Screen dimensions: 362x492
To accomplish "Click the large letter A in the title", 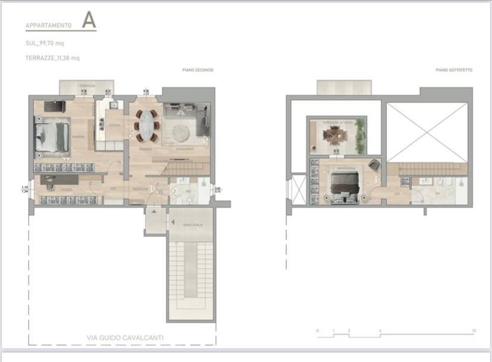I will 89,20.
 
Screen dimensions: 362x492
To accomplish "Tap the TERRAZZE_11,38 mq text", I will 52,58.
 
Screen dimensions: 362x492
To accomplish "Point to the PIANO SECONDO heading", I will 198,70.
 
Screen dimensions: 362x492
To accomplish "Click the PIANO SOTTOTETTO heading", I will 454,70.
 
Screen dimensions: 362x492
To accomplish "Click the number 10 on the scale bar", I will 474,330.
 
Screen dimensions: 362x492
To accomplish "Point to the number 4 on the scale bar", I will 380,330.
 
